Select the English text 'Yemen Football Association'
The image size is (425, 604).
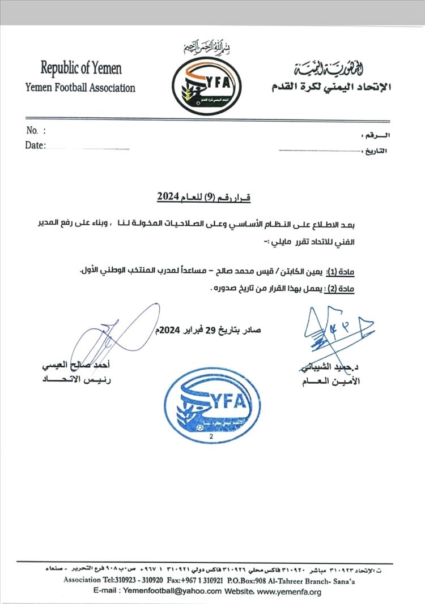[x=80, y=88]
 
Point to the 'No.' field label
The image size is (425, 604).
[x=32, y=131]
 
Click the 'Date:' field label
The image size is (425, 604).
[x=35, y=145]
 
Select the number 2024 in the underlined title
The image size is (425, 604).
[x=167, y=198]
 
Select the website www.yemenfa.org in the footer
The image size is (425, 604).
[x=289, y=592]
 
